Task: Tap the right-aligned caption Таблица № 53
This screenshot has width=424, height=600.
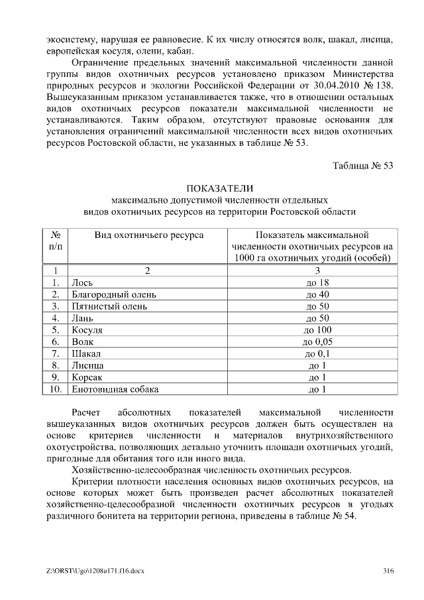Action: tap(362, 165)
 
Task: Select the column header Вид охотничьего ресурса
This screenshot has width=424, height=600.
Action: tap(148, 235)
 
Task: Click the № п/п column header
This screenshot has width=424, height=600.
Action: tap(56, 240)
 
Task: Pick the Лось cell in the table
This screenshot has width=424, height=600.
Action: tap(82, 282)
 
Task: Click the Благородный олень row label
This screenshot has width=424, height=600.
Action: tap(110, 294)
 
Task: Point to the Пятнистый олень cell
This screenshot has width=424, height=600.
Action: tap(109, 306)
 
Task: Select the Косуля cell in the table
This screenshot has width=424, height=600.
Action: tap(87, 330)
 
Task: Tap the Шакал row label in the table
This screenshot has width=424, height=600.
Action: tap(85, 354)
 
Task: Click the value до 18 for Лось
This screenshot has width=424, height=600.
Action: tap(317, 282)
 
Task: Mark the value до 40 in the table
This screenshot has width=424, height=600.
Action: tap(317, 294)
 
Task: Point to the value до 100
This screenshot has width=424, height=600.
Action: tap(317, 330)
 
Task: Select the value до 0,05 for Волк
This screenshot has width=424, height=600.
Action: tap(317, 342)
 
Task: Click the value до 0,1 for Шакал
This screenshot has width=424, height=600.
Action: tap(317, 354)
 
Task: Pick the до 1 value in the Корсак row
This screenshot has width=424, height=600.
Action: tap(317, 377)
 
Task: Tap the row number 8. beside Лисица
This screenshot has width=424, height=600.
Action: tap(56, 365)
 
